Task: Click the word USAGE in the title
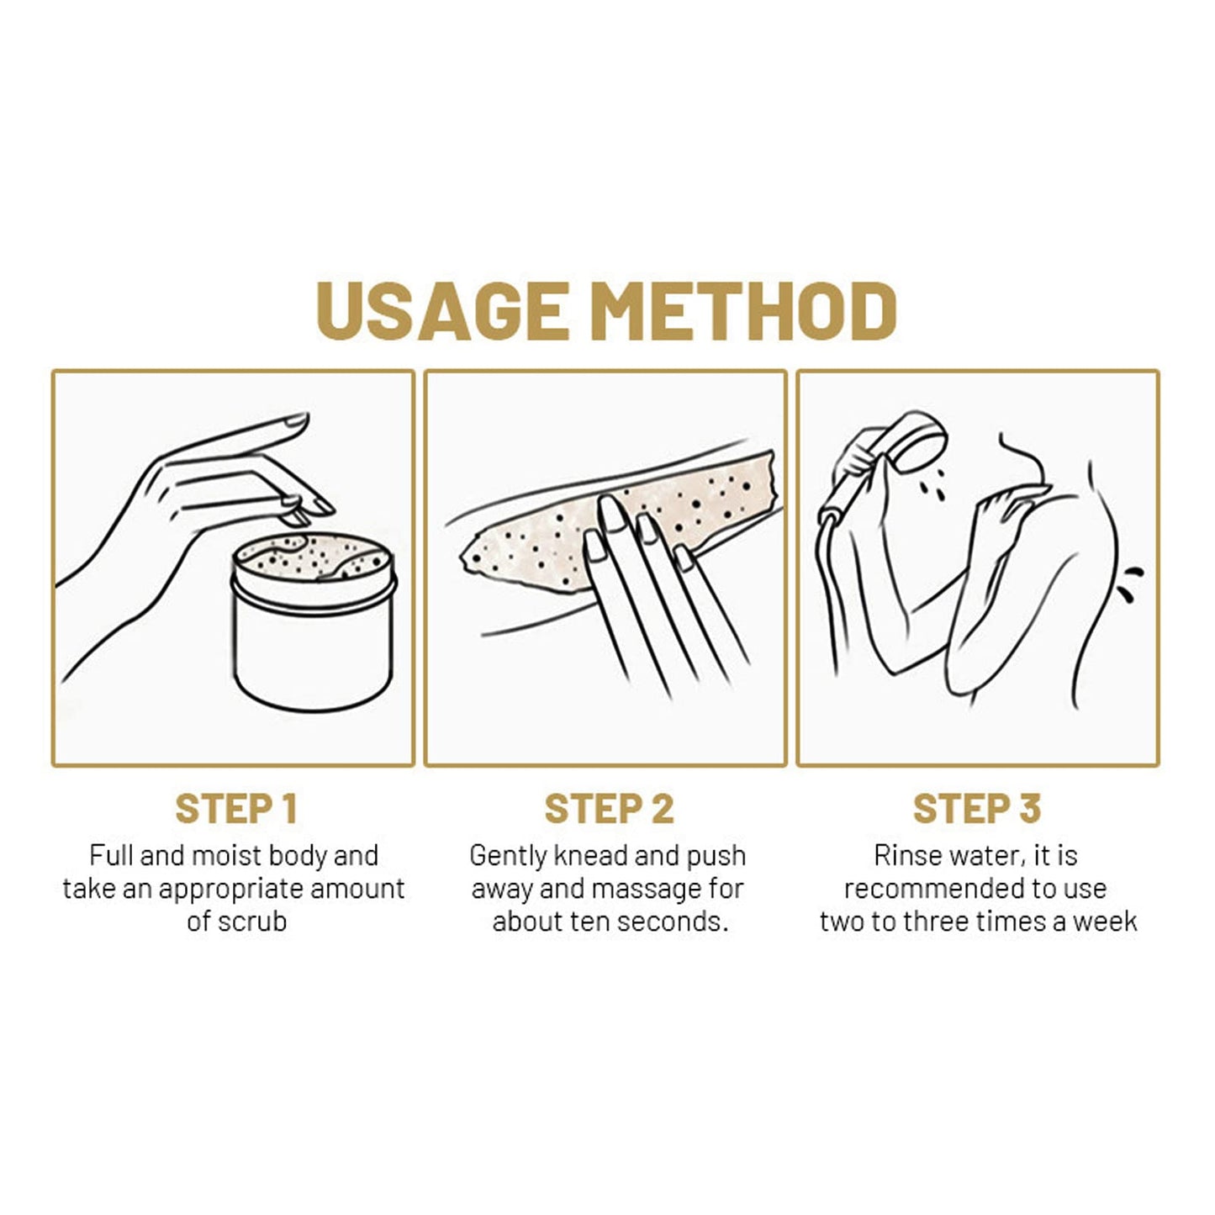pos(442,310)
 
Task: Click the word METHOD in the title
pos(742,310)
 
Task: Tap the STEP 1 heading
pos(235,809)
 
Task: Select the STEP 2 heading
pos(609,809)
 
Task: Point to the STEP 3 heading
pos(977,809)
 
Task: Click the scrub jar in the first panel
pos(314,621)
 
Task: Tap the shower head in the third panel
pos(914,441)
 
